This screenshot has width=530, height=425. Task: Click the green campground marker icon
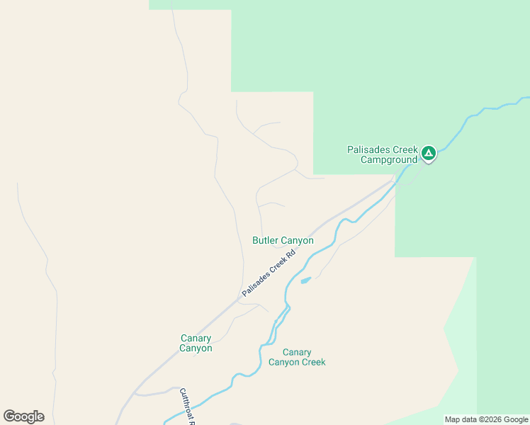[428, 152]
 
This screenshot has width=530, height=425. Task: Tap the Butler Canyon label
[283, 241]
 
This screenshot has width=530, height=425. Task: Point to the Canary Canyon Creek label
[297, 357]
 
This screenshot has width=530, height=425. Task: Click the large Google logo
[23, 416]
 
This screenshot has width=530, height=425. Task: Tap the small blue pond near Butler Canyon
[305, 280]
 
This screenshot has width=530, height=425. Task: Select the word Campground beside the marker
[388, 160]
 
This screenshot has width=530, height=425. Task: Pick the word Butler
[266, 241]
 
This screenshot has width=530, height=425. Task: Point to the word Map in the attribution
[453, 419]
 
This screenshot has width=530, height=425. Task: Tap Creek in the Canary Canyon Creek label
[312, 362]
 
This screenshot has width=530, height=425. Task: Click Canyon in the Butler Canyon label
[298, 241]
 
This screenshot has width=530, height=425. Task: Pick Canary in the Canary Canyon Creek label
[297, 352]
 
